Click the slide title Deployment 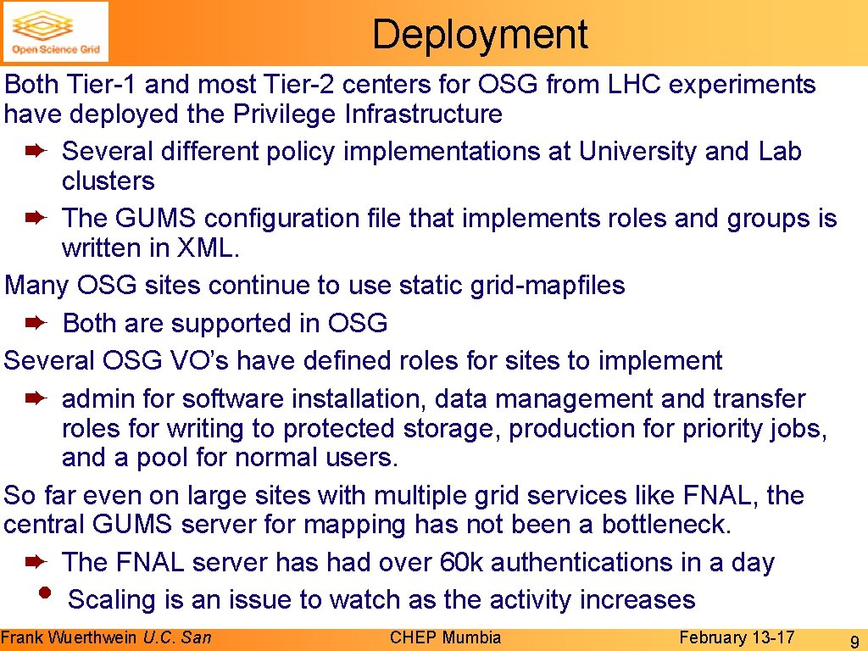[x=479, y=35]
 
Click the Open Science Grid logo [x=56, y=32]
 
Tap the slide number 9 [x=854, y=639]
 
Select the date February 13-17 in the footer [x=737, y=637]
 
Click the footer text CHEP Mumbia [x=445, y=637]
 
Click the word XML [x=209, y=248]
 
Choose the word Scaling [x=113, y=600]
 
